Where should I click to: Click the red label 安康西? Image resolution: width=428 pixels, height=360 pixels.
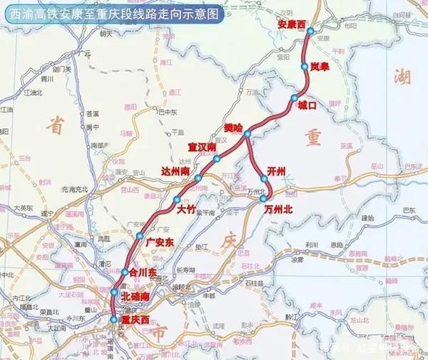(290, 25)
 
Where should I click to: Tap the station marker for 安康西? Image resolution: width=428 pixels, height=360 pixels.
(310, 31)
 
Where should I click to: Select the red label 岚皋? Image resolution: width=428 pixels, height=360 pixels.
(320, 66)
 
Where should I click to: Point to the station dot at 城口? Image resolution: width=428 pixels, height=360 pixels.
(294, 98)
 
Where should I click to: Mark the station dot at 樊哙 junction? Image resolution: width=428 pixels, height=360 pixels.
(247, 134)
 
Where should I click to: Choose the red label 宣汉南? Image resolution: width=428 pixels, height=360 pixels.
(202, 147)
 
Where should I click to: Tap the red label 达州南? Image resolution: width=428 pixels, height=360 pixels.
(175, 171)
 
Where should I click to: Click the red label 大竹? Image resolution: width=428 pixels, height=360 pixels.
(185, 210)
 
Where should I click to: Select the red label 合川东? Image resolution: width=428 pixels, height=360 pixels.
(142, 272)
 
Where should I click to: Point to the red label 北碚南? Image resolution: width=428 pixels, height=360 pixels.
(135, 296)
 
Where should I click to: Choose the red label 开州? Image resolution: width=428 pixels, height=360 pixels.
(275, 171)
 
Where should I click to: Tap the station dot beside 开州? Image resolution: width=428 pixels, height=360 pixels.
(263, 179)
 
